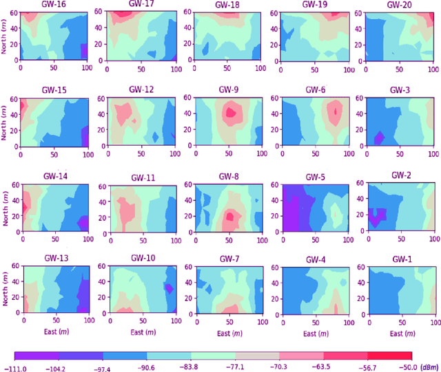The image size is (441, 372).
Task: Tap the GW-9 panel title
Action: (228, 89)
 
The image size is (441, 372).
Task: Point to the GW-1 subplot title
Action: (401, 260)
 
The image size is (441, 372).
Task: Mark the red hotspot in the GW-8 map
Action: (229, 216)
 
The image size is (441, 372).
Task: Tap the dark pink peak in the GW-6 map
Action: (336, 110)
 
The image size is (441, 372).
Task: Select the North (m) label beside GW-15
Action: (6, 121)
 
